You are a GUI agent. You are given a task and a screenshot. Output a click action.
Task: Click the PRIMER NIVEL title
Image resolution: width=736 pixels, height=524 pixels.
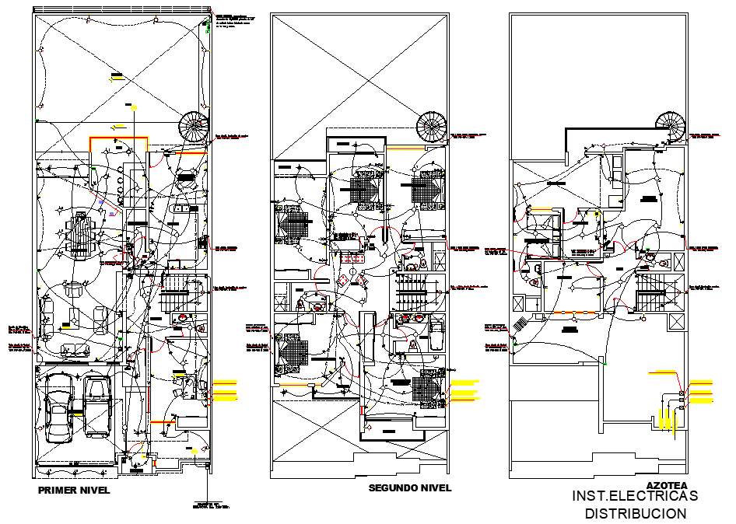(74, 491)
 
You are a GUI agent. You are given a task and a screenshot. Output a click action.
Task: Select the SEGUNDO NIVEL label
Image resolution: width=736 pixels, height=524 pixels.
(409, 487)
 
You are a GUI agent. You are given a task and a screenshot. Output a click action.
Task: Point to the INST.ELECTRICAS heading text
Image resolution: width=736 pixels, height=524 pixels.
(635, 496)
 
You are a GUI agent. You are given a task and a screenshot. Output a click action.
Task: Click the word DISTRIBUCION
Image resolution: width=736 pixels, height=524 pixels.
(636, 513)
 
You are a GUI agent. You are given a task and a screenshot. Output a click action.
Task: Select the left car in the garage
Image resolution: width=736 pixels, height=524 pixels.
(59, 409)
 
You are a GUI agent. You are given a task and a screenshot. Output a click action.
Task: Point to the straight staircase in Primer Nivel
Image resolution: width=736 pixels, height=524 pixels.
(175, 295)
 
